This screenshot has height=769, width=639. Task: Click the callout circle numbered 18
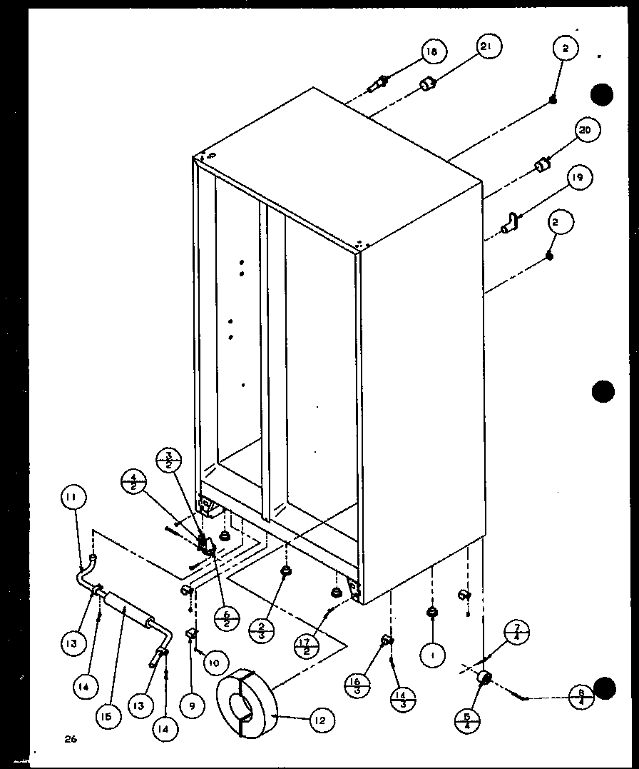432,51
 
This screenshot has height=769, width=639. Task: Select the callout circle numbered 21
486,47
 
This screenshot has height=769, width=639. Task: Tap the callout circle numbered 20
586,130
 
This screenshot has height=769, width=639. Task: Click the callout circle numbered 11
76,497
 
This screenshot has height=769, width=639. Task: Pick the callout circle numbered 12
321,721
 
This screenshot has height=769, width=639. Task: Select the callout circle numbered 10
213,662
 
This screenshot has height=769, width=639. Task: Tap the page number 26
69,739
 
